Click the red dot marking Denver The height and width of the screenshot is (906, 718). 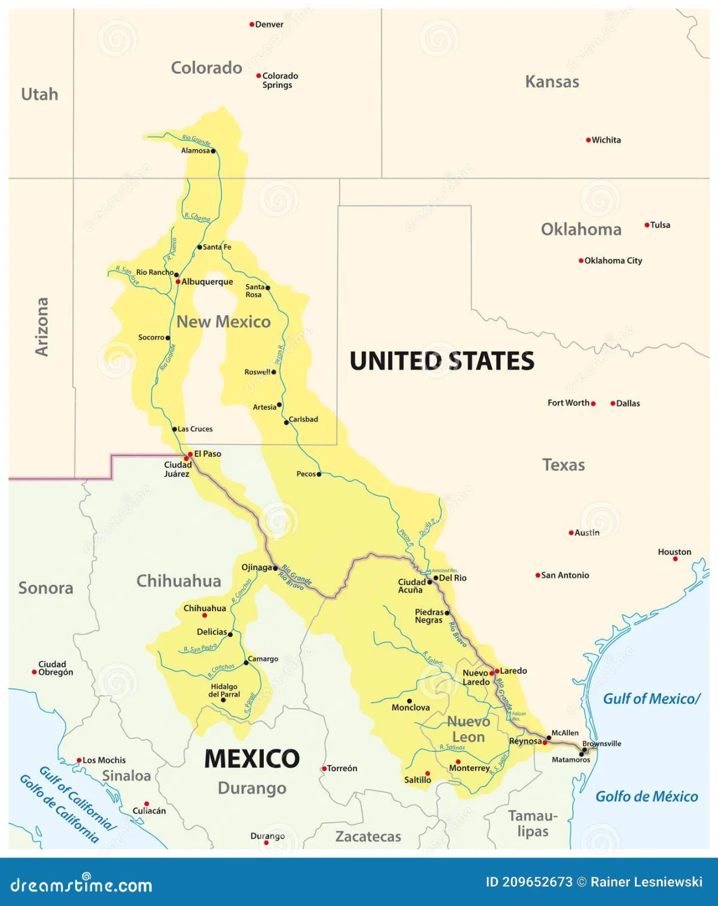252,25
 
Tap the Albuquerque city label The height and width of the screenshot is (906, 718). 207,282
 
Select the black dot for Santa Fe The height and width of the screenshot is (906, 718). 200,247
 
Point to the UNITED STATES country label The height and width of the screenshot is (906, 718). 442,361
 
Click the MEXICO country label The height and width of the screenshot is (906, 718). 252,758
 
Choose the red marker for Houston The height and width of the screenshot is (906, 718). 675,559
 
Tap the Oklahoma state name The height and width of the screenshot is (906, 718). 581,230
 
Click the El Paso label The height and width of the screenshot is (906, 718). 208,454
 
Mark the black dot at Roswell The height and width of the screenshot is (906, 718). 274,372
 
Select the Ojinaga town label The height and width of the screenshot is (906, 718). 257,568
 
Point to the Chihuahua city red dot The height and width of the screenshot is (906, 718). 205,615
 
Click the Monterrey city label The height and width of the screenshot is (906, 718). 469,768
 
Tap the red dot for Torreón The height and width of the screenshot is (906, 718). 324,768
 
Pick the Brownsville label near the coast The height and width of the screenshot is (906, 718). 601,743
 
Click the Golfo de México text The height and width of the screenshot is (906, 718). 646,797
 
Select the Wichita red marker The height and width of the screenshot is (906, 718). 588,140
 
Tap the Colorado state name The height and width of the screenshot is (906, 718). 206,68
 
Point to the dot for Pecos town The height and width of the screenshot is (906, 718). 319,474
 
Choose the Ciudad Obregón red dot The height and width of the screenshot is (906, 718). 34,672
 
